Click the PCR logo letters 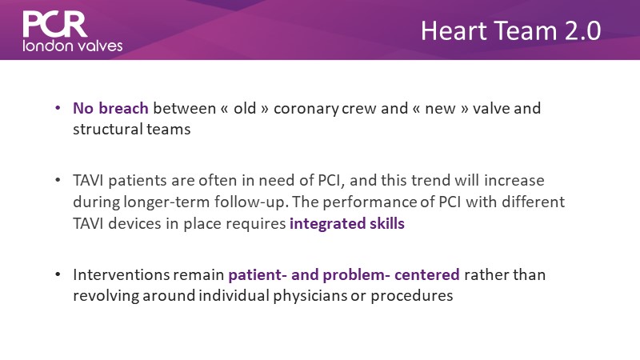tap(55, 24)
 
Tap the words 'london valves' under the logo tap(73, 46)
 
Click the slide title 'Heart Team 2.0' tap(510, 30)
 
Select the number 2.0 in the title tap(583, 30)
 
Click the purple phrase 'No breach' tap(110, 108)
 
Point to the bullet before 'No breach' tap(58, 108)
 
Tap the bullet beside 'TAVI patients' tap(58, 180)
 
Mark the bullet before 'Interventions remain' tap(58, 274)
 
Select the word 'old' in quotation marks tap(245, 108)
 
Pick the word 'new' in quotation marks tap(440, 109)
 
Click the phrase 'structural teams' tap(132, 130)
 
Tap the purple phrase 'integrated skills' tap(347, 224)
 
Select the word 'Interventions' tap(121, 274)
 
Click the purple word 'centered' tap(427, 274)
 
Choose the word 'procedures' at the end tap(412, 296)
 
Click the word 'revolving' tap(106, 296)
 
